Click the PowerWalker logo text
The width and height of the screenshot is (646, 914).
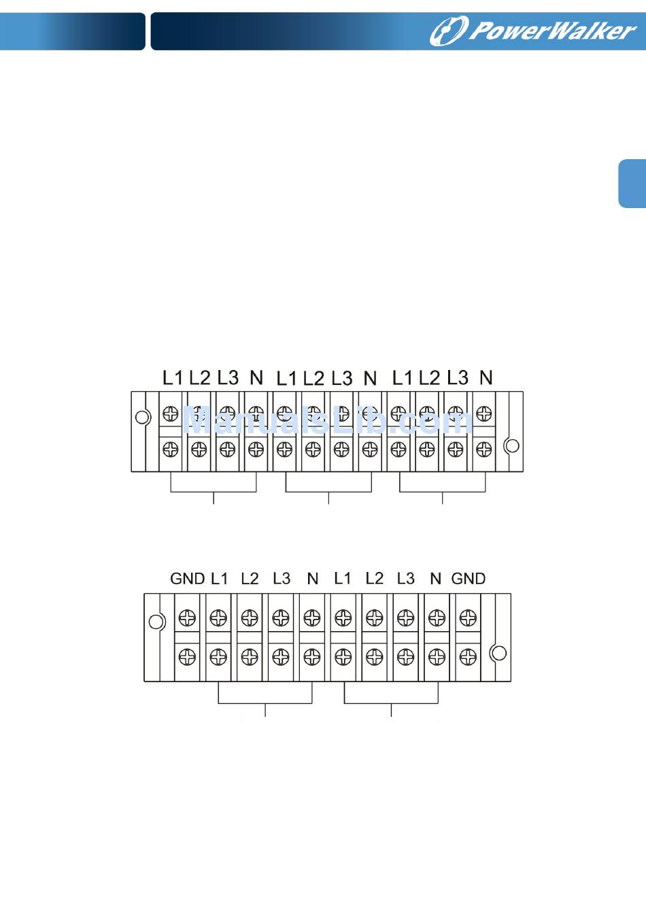(x=552, y=31)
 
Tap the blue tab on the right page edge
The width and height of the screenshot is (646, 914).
(x=632, y=184)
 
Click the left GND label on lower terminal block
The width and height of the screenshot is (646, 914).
(x=187, y=579)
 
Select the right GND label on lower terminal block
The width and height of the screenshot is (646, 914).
(x=469, y=579)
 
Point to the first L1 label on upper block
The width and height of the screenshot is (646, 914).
(x=173, y=377)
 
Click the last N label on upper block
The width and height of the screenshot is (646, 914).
(x=486, y=377)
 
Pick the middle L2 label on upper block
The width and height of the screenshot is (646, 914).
(x=313, y=378)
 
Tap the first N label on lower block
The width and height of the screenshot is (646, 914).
(x=313, y=579)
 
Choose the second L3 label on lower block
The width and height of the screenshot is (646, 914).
(x=405, y=579)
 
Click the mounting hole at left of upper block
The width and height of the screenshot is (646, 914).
(x=143, y=417)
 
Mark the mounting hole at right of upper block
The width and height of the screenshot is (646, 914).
(x=512, y=445)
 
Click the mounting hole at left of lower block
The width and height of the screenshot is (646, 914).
(x=156, y=622)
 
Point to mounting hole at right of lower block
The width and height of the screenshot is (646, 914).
(x=498, y=653)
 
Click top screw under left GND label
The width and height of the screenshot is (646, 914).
(x=187, y=617)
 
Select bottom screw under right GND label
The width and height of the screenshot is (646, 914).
(x=468, y=657)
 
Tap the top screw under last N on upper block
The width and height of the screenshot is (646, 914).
(x=484, y=413)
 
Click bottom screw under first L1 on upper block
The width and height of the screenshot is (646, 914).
(x=171, y=449)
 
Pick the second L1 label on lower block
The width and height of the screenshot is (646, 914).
(x=343, y=579)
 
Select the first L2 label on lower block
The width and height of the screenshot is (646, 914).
(x=250, y=579)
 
